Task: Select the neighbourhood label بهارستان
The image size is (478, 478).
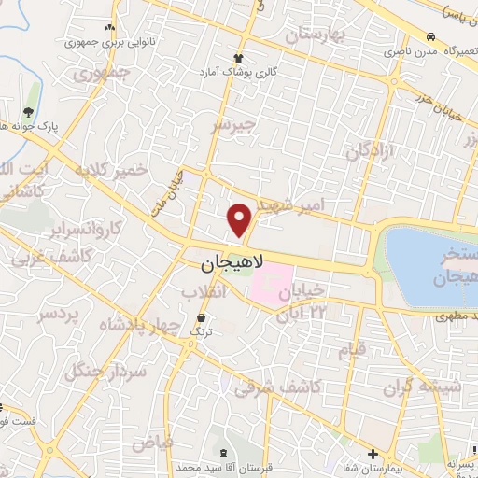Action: (x=316, y=36)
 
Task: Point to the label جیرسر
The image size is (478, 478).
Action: (x=232, y=125)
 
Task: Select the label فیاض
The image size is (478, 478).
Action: (x=148, y=438)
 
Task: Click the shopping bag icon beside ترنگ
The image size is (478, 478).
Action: (x=201, y=318)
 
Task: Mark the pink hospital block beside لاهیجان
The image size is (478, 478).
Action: (x=270, y=283)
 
